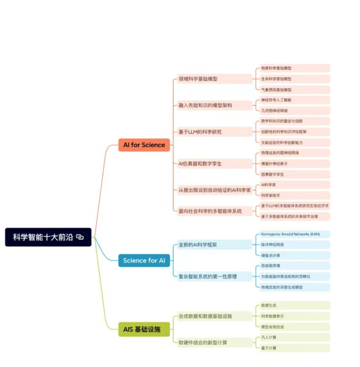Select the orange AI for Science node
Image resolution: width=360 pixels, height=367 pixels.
pyautogui.click(x=144, y=145)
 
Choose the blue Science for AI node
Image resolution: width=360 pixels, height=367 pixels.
pyautogui.click(x=144, y=261)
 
